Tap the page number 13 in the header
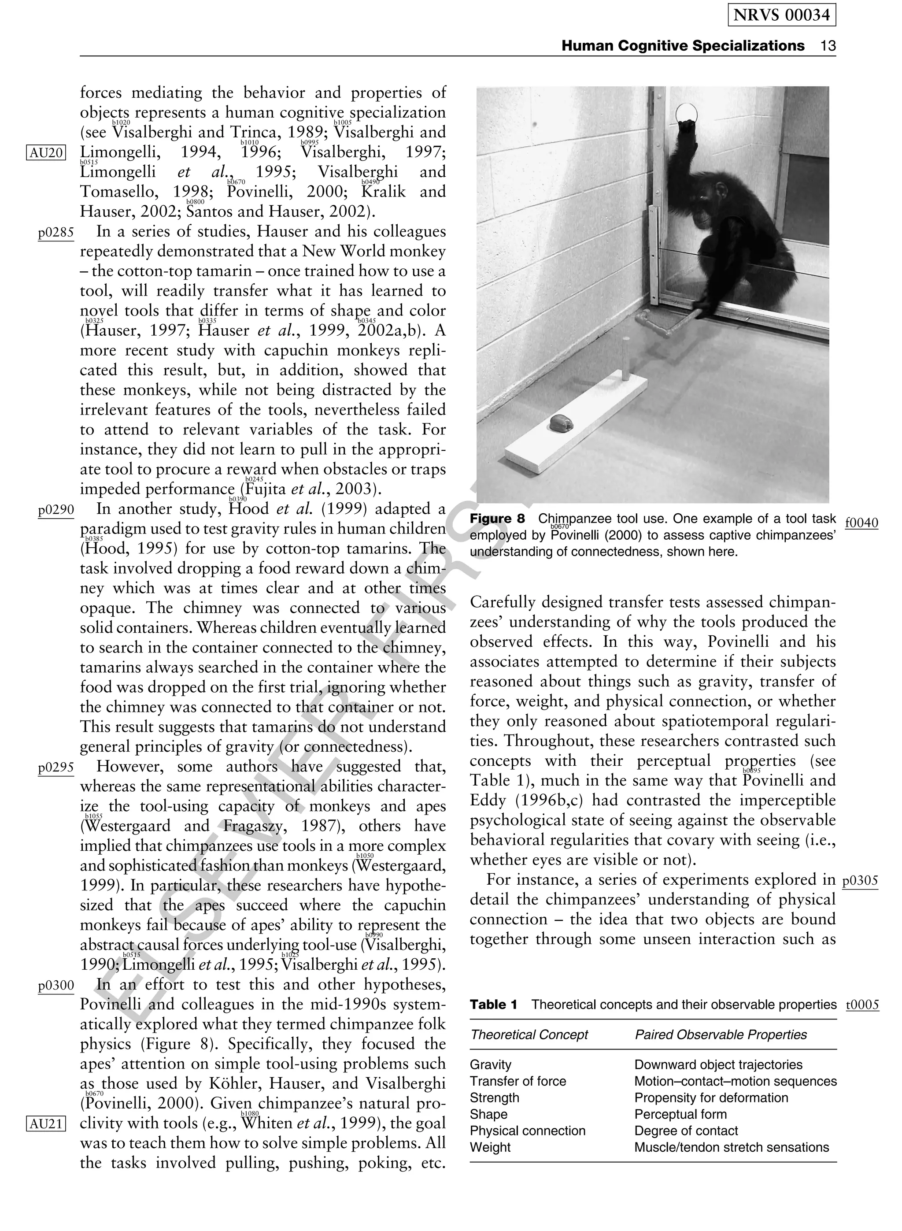click(828, 46)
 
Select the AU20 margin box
click(46, 152)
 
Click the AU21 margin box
click(46, 1123)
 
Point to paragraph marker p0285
click(55, 233)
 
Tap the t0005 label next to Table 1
click(862, 1005)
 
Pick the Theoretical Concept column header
click(529, 1035)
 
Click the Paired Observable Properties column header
click(720, 1035)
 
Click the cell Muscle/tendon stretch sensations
click(731, 1147)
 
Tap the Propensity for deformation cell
click(711, 1098)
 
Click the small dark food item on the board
click(560, 423)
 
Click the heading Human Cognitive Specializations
click(683, 46)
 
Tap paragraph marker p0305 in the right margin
click(860, 881)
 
